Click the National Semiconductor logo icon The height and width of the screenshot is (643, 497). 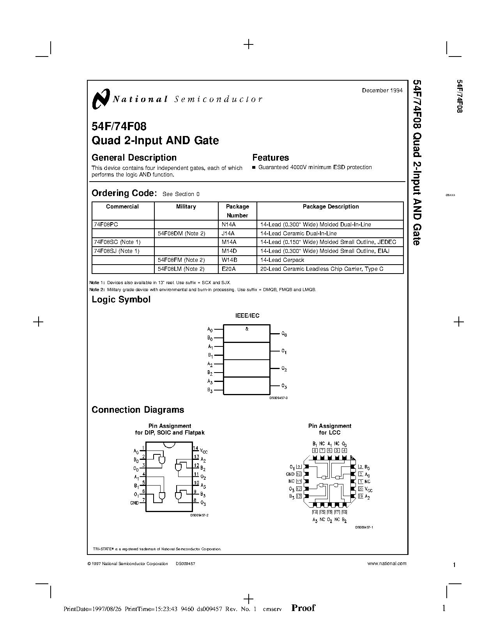[101, 99]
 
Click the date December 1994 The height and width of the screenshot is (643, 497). [382, 90]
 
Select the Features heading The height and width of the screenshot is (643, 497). [271, 158]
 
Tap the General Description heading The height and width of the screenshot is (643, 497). [134, 158]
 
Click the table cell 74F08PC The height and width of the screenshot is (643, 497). [106, 224]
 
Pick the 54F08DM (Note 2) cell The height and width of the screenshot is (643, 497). [181, 233]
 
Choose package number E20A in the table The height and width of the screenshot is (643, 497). [228, 269]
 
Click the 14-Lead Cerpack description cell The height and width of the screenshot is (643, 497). [282, 260]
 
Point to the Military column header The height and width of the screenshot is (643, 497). [186, 207]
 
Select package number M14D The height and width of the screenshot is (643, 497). [229, 251]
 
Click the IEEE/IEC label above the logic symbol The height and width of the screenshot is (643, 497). [247, 316]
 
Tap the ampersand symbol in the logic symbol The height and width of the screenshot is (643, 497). [247, 329]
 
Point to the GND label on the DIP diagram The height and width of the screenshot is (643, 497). [134, 503]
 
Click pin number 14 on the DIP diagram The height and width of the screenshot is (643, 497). [196, 449]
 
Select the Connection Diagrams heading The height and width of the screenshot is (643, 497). [138, 410]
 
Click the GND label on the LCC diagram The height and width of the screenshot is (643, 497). [290, 474]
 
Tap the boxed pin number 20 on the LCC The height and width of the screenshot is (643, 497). [361, 489]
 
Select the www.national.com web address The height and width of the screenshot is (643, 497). [387, 563]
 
